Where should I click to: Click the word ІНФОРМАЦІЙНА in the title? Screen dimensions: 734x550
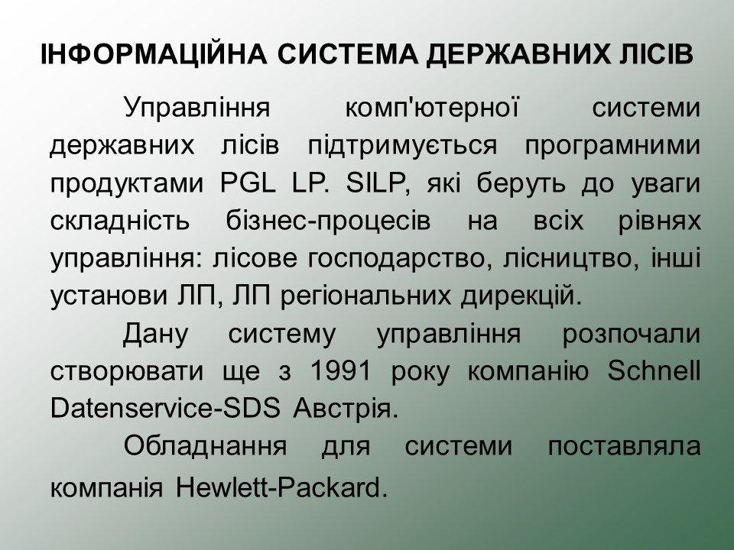pos(154,54)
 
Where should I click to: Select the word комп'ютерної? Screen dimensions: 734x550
pos(431,107)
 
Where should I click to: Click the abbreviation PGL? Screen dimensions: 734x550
pos(247,184)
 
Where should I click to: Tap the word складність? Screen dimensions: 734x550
pos(120,222)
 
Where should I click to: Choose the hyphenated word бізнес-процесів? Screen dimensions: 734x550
pos(328,222)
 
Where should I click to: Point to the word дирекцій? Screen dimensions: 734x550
pos(521,296)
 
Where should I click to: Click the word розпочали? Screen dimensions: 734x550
pos(632,335)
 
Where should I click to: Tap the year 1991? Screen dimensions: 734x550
pos(340,371)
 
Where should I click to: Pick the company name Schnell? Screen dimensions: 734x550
pos(654,371)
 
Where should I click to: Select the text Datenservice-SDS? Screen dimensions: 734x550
pos(165,408)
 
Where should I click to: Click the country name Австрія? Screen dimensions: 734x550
pos(345,409)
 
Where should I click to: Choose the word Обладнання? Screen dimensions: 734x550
pos(205,447)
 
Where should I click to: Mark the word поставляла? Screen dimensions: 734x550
pos(624,447)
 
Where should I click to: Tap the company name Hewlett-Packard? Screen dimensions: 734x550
pos(281,488)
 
